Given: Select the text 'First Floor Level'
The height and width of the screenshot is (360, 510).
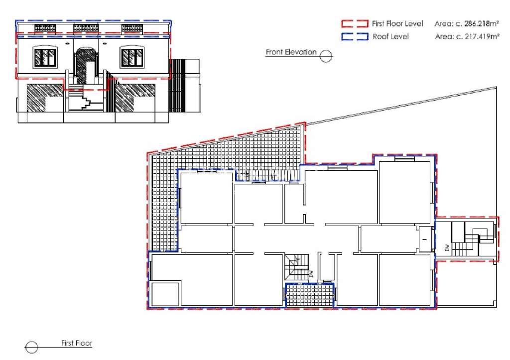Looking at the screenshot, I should [397, 24].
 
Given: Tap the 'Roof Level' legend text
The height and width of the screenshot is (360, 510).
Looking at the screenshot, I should [390, 36].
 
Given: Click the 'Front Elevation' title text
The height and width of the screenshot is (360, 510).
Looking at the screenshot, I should [291, 52].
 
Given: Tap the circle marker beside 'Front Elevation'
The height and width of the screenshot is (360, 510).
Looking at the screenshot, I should [326, 56].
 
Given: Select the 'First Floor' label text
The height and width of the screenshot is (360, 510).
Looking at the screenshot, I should [76, 343].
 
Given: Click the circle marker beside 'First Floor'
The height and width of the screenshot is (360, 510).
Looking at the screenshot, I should [31, 347].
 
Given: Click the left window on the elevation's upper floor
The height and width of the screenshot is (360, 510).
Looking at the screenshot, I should [45, 58].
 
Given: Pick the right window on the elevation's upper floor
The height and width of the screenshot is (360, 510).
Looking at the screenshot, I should [131, 58].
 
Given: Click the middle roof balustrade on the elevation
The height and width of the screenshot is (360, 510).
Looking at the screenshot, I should [88, 28].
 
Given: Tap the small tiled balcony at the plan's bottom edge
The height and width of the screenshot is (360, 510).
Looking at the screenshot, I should [309, 295].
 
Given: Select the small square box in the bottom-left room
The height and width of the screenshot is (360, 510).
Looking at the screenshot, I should [165, 293].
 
